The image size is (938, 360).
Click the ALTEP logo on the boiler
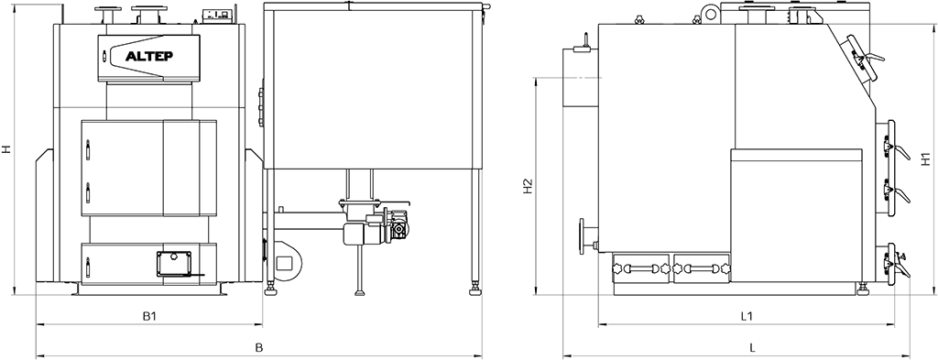click(x=149, y=58)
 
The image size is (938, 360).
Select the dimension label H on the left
click(x=6, y=149)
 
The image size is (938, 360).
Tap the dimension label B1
click(x=150, y=316)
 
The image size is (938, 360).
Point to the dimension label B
click(x=259, y=347)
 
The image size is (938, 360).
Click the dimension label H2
click(x=527, y=187)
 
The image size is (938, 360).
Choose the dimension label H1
click(x=925, y=159)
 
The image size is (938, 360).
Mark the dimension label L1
click(x=746, y=316)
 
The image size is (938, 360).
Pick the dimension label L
click(x=753, y=347)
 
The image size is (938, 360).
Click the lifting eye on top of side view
click(x=711, y=11)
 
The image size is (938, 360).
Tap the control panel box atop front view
click(x=217, y=16)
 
